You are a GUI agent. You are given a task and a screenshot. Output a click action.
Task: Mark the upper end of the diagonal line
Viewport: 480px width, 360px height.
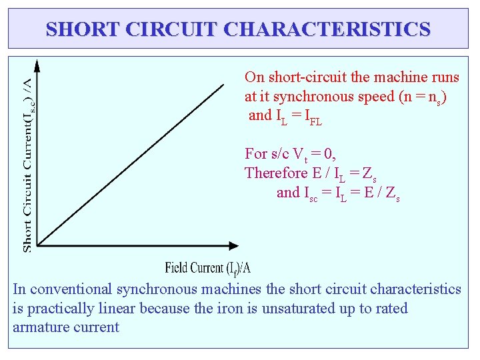point(223,84)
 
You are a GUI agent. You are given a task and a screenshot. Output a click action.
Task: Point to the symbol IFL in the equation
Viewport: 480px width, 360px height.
point(313,117)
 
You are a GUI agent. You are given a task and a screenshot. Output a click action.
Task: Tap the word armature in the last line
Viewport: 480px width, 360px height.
point(39,327)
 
